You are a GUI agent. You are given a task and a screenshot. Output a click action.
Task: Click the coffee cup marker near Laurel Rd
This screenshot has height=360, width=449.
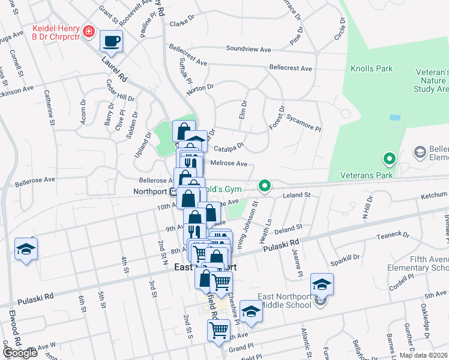coord(111,41)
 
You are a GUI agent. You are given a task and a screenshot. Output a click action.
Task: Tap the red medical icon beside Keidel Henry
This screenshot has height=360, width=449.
coord(89,31)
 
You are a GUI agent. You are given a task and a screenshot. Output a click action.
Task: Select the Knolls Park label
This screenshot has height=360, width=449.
coord(372,69)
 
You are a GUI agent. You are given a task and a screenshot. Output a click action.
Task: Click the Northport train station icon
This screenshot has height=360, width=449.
coord(172,192)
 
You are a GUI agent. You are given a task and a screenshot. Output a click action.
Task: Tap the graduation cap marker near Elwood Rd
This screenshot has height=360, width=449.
coord(26,249)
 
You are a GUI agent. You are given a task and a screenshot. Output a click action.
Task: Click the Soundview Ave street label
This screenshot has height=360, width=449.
coord(249,48)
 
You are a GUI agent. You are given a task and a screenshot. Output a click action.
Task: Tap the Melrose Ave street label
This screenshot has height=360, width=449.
coord(229,163)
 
